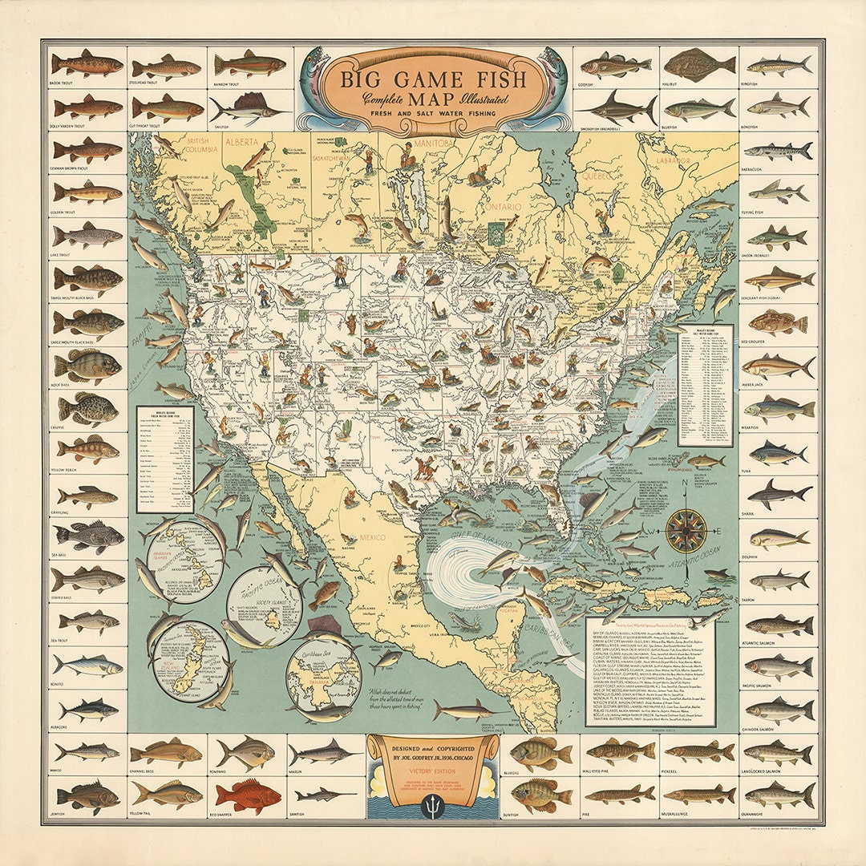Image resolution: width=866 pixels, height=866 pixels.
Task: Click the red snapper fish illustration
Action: pos(248,795)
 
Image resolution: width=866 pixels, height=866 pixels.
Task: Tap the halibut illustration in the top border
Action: pos(698,65)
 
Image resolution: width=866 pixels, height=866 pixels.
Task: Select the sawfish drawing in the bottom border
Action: pos(326,795)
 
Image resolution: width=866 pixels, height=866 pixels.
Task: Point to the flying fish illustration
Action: pos(777,191)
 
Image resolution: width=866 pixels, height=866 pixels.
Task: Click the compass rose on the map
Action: pos(686,531)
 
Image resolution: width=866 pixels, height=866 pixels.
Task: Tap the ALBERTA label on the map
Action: pos(243,142)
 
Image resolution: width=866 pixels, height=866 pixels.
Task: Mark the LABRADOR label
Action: pos(674,160)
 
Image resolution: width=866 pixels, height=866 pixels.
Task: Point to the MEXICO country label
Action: pos(371,536)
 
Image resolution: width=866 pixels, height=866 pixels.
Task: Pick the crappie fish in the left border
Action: pos(87,408)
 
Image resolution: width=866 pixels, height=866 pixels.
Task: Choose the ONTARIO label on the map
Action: pos(501,207)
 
